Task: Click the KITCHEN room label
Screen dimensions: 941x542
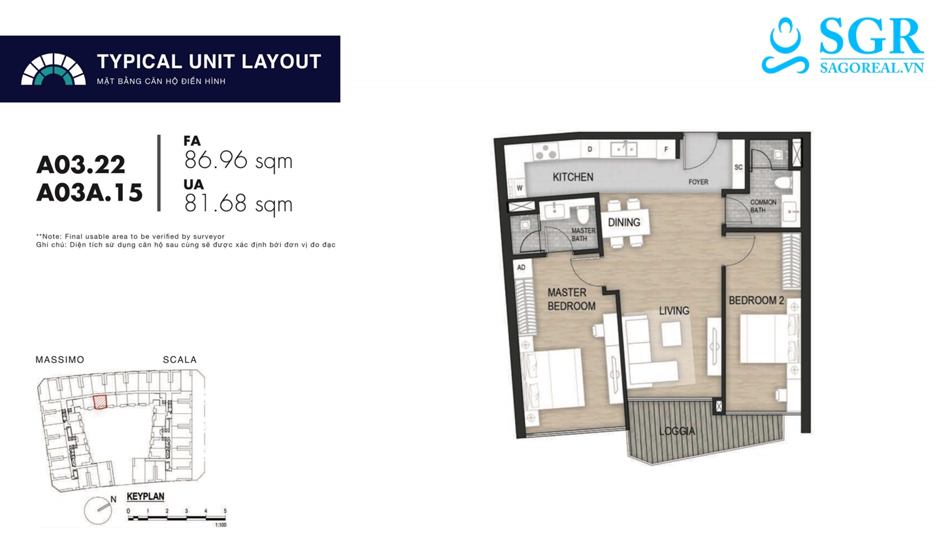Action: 573,177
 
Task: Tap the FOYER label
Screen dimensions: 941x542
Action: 698,182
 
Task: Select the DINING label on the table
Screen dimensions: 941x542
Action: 624,222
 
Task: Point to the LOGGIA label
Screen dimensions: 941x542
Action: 677,431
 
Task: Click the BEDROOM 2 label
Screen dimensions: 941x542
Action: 756,300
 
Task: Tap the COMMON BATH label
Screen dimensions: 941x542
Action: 763,206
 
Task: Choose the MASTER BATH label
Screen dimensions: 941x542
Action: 583,235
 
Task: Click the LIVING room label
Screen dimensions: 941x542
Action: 674,311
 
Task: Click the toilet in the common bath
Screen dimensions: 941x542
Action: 784,183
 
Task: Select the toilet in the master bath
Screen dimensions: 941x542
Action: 583,215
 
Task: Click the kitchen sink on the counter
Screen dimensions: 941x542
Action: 624,149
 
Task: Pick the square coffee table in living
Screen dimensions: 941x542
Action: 671,334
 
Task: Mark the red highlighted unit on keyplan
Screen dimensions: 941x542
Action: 100,401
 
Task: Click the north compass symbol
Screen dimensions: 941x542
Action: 99,510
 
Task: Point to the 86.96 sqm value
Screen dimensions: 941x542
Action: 238,160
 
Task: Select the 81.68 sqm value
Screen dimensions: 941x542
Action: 238,204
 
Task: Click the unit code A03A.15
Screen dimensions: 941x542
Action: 90,192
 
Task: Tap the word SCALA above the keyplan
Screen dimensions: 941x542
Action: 180,360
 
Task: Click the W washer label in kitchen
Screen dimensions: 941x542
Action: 520,188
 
